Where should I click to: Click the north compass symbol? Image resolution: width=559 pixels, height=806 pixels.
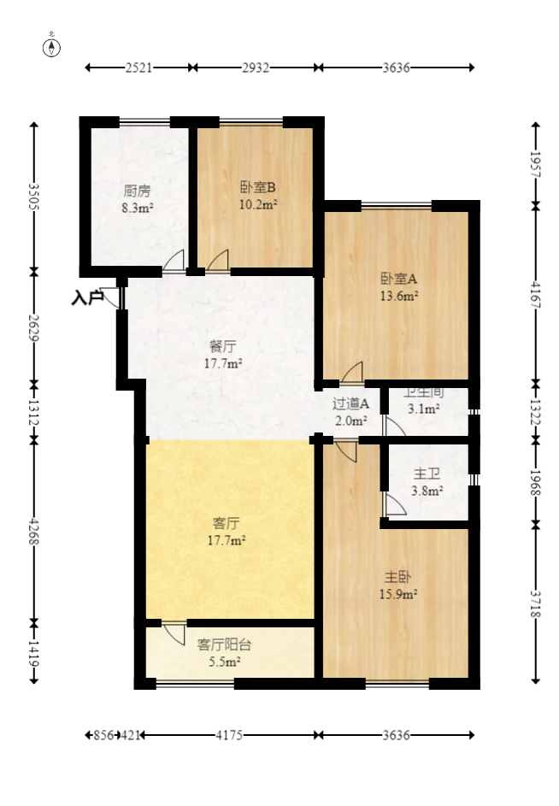(52, 46)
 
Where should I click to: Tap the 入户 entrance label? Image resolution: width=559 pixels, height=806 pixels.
(86, 298)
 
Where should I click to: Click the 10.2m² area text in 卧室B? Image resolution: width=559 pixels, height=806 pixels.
(257, 204)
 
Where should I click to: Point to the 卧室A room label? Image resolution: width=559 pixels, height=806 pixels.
(398, 279)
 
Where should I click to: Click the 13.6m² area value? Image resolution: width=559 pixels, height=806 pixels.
(398, 297)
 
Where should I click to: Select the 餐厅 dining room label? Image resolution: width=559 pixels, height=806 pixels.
(222, 347)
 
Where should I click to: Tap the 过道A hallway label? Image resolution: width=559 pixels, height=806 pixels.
(350, 403)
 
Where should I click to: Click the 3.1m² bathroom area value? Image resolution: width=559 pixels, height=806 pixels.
(424, 409)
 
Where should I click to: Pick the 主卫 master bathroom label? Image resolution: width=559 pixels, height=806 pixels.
(427, 474)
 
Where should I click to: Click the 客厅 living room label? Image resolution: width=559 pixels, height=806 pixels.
(226, 523)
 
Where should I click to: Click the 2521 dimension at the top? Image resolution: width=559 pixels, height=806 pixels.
(138, 68)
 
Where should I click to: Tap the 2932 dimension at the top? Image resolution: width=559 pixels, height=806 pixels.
(256, 68)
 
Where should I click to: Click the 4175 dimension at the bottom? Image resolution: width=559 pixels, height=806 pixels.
(230, 734)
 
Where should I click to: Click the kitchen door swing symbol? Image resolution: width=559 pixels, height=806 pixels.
(174, 261)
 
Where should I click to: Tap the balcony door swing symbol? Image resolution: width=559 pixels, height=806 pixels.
(174, 633)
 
